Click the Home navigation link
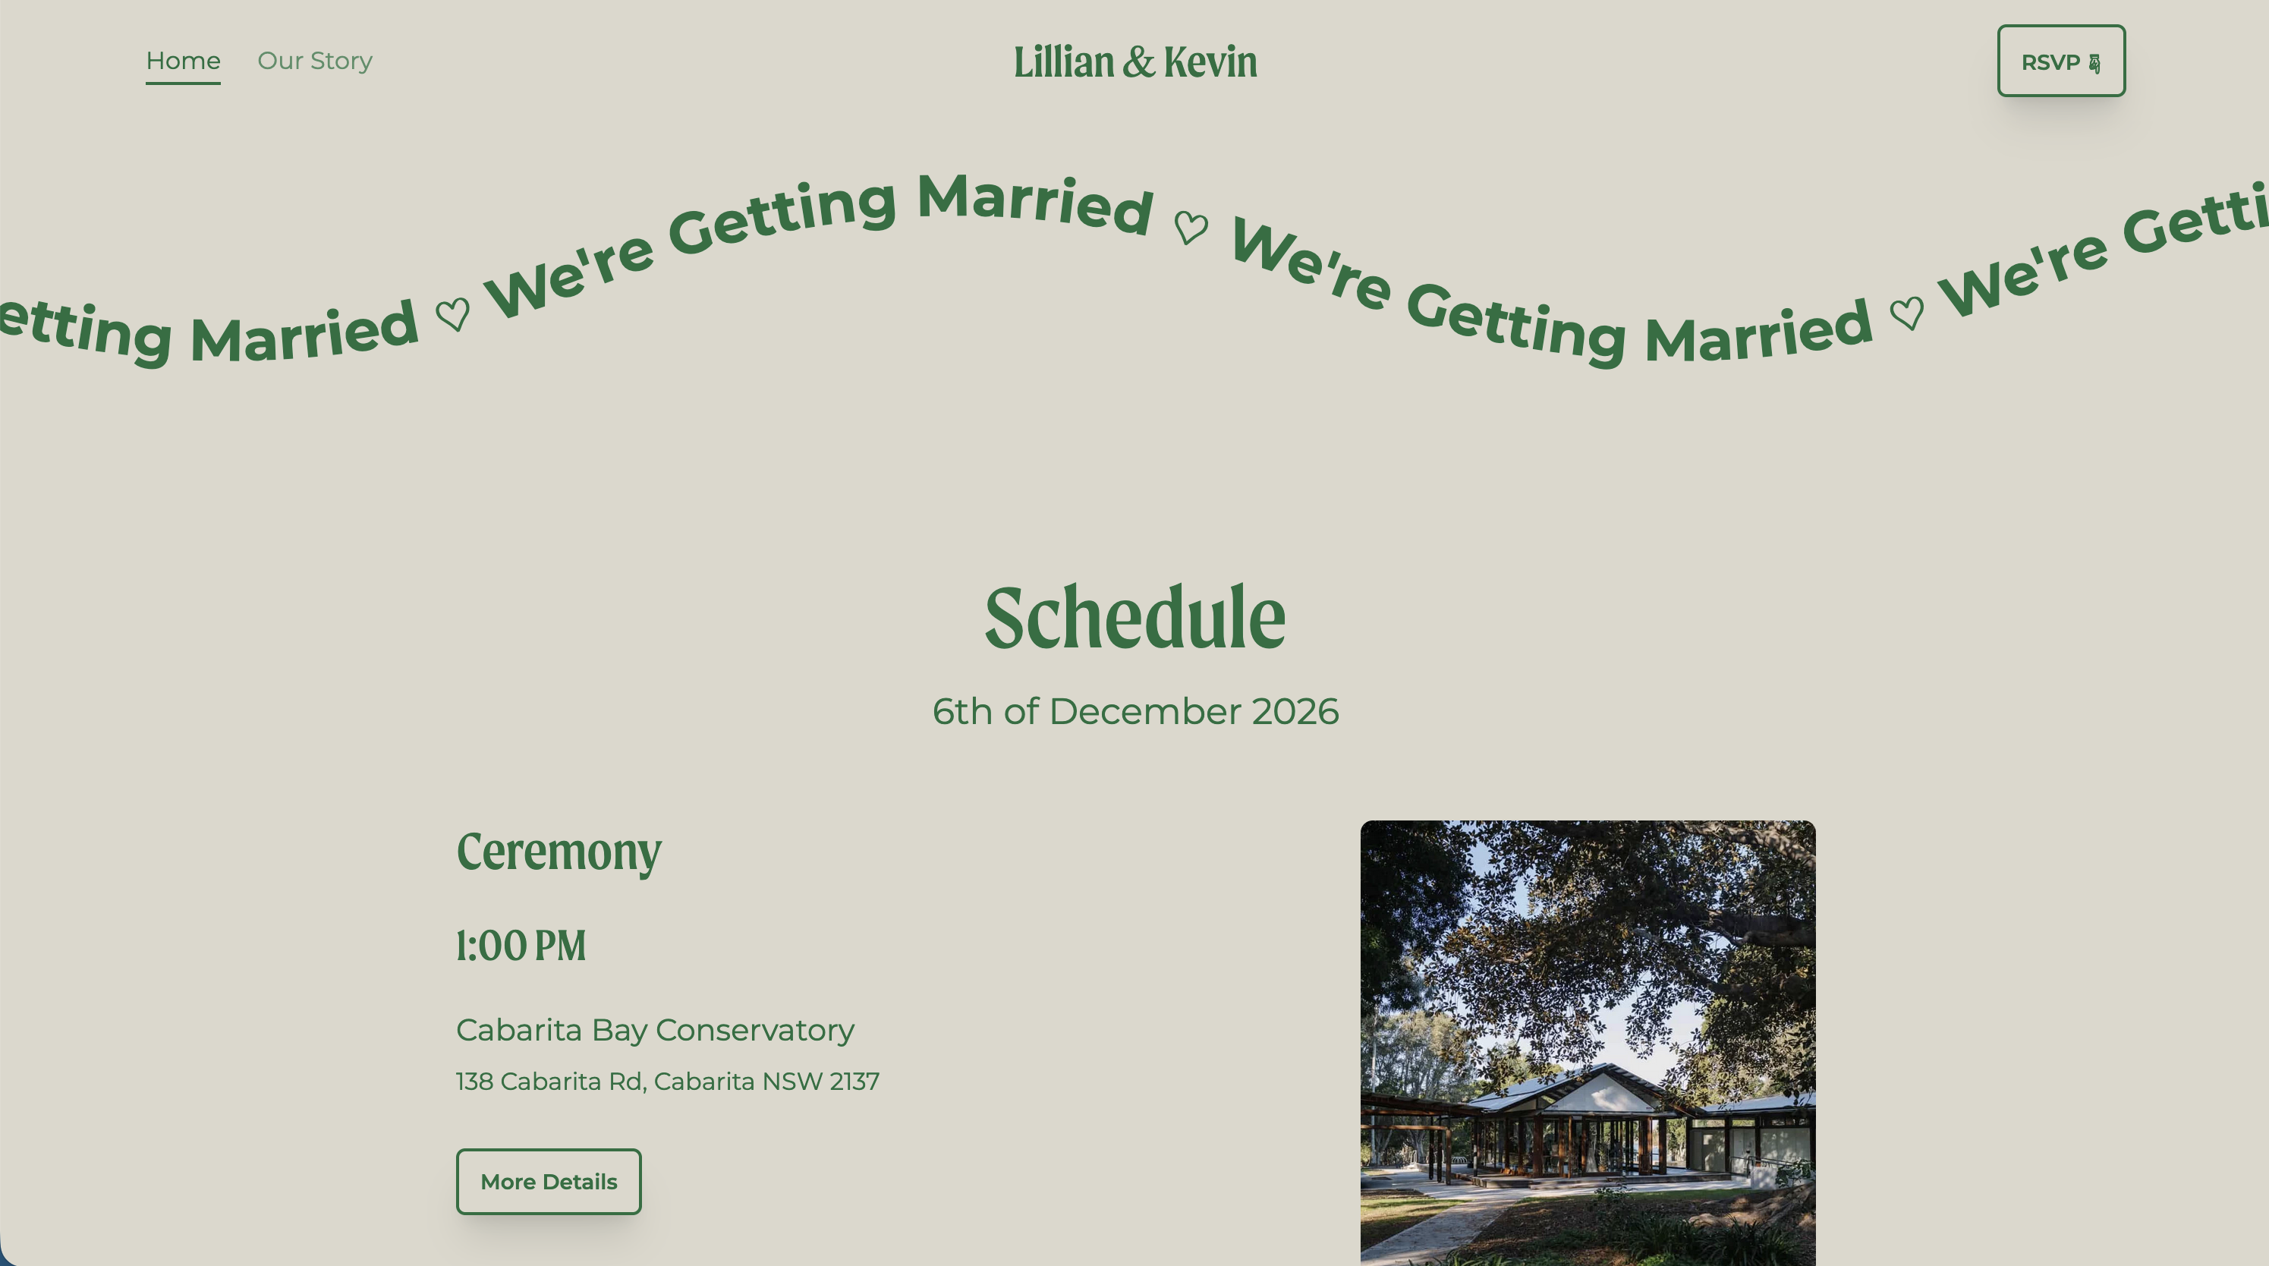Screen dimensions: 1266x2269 pos(183,61)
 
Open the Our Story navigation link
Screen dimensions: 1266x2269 pos(314,61)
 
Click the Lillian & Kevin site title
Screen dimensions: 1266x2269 pos(1134,62)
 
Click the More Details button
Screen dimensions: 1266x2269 pos(548,1182)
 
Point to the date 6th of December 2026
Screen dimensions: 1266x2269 pos(1134,712)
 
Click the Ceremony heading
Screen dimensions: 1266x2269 pos(559,852)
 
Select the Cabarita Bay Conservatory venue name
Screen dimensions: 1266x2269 pos(654,1030)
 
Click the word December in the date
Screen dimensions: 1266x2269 pos(1145,712)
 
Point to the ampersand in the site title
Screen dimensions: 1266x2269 pos(1138,62)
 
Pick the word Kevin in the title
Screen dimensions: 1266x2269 pos(1210,62)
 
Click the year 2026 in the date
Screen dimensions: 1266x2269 pos(1295,712)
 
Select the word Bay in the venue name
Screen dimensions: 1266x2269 pos(618,1030)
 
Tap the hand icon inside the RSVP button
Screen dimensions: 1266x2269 pos(2094,64)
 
